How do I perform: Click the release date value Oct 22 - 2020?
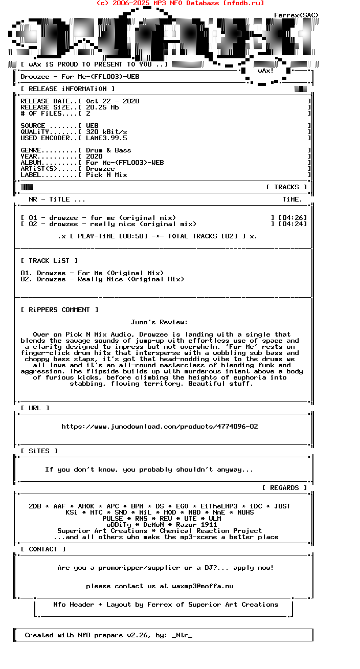tap(112, 101)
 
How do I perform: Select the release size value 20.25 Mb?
tap(102, 107)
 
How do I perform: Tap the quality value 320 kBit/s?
tap(106, 132)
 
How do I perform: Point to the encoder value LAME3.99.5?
tap(106, 138)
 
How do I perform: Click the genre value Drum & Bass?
tap(108, 150)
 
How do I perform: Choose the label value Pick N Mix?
tap(106, 175)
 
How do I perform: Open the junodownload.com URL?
tap(160, 427)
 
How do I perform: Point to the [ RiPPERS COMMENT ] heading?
tap(59, 310)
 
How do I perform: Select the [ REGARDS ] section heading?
tap(284, 488)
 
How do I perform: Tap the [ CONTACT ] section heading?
tap(43, 549)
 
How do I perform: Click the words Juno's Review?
tap(160, 322)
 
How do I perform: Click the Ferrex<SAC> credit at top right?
tap(297, 15)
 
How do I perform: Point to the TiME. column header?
tap(292, 199)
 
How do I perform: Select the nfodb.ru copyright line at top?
tap(180, 3)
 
